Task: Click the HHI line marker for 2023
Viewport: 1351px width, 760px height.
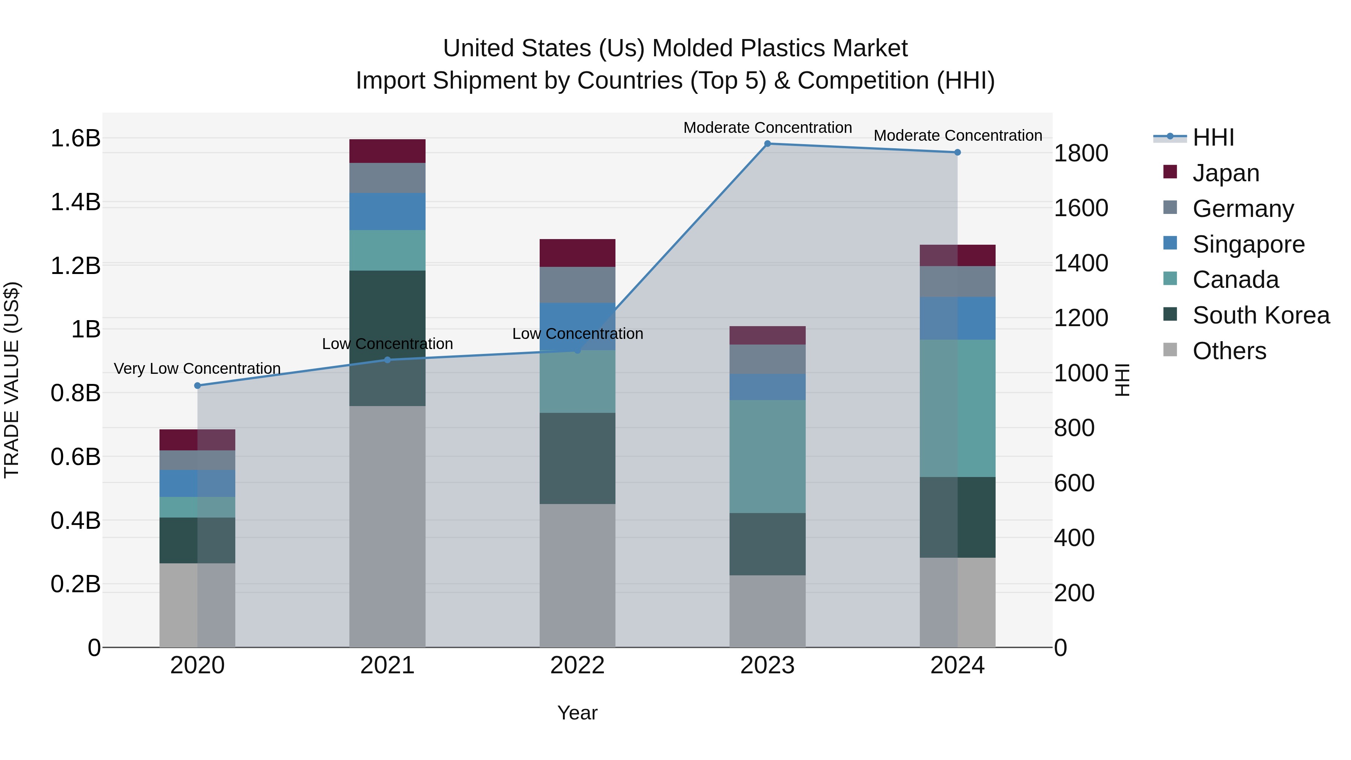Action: [767, 144]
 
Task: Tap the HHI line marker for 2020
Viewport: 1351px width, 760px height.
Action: [197, 385]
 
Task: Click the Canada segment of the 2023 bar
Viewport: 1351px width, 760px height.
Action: [767, 456]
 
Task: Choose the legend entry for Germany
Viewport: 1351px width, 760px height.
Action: [1243, 209]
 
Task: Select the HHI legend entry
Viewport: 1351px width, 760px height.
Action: [1213, 137]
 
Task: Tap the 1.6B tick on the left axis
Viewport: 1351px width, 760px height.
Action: [75, 138]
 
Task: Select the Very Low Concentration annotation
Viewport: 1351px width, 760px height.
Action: [197, 369]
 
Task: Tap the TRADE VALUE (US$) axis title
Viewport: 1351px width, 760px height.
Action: [12, 380]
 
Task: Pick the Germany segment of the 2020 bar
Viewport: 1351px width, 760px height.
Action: [197, 460]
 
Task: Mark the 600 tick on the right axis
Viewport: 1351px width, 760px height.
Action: [1074, 483]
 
